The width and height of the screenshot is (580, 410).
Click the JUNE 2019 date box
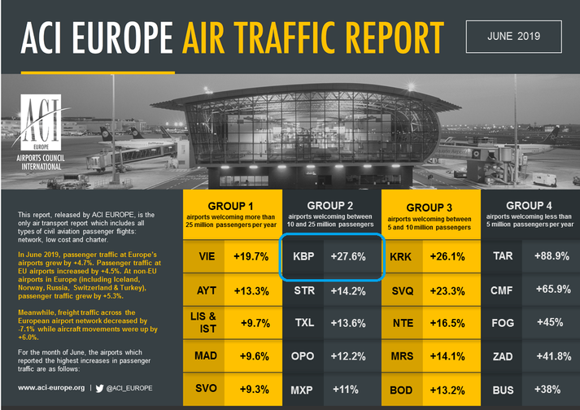coord(514,36)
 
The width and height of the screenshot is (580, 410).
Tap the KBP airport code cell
coord(303,256)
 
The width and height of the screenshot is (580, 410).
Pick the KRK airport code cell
coord(403,256)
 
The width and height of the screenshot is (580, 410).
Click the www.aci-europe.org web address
coord(50,388)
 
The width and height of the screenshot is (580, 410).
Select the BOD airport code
coord(403,390)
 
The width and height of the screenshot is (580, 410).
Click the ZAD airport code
coord(503,356)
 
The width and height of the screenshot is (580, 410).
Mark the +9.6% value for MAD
coord(252,356)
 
